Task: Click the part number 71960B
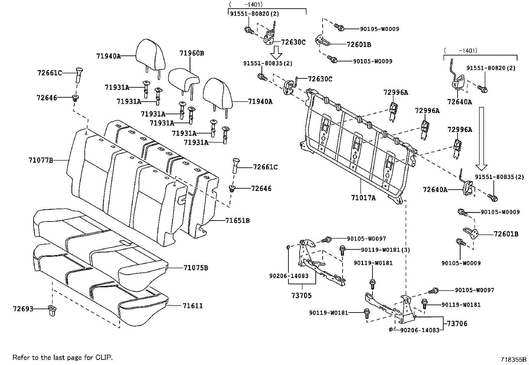coord(192,53)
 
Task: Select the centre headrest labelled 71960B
coord(184,77)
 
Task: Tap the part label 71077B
coord(41,160)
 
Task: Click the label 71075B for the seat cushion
coord(196,268)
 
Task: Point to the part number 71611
coord(193,306)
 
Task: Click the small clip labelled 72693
coord(53,310)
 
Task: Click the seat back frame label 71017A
coord(363,198)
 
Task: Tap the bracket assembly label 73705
coord(302,295)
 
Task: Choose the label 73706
coord(457,323)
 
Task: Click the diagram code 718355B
coord(514,360)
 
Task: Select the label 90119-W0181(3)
coord(385,250)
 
